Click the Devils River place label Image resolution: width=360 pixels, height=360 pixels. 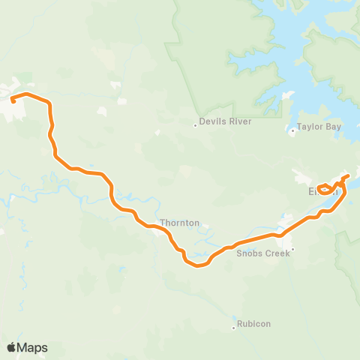pyautogui.click(x=226, y=121)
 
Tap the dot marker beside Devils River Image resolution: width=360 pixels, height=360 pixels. pyautogui.click(x=195, y=124)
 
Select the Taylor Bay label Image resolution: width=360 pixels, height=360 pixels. pyautogui.click(x=319, y=127)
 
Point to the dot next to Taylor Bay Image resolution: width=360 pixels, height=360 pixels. pyautogui.click(x=292, y=132)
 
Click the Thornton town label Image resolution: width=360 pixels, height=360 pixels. pyautogui.click(x=180, y=223)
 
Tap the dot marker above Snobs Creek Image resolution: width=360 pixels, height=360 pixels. pyautogui.click(x=293, y=248)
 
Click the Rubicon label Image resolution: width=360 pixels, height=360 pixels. pyautogui.click(x=254, y=324)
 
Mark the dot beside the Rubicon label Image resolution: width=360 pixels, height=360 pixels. pyautogui.click(x=233, y=324)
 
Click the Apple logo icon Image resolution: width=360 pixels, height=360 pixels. pyautogui.click(x=12, y=347)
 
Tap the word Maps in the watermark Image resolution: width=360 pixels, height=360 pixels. pyautogui.click(x=32, y=347)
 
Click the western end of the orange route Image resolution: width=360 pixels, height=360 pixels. pyautogui.click(x=13, y=100)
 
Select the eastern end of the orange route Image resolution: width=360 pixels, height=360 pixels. pyautogui.click(x=347, y=175)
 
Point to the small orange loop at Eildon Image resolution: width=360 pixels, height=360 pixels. pyautogui.click(x=325, y=188)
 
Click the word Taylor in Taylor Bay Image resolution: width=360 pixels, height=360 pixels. pyautogui.click(x=310, y=127)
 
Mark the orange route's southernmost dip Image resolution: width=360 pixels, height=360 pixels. pyautogui.click(x=199, y=265)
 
